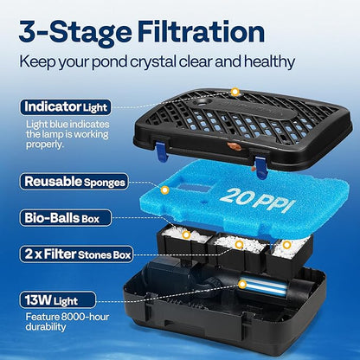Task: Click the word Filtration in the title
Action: click(201, 31)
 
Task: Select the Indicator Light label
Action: click(66, 107)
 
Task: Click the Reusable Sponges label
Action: click(74, 182)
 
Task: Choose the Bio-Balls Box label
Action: click(66, 218)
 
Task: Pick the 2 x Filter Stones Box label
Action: click(77, 254)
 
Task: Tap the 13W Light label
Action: click(58, 300)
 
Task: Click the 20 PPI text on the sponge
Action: click(257, 200)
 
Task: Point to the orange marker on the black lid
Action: click(235, 93)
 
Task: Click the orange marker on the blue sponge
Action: click(164, 190)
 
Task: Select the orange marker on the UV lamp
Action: click(242, 285)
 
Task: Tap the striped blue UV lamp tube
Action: click(264, 286)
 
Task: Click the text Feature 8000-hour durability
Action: click(67, 322)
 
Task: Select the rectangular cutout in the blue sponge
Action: click(193, 189)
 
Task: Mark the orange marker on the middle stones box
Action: click(239, 245)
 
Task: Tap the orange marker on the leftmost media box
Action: click(186, 235)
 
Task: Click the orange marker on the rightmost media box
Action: click(286, 245)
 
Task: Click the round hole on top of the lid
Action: click(202, 102)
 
